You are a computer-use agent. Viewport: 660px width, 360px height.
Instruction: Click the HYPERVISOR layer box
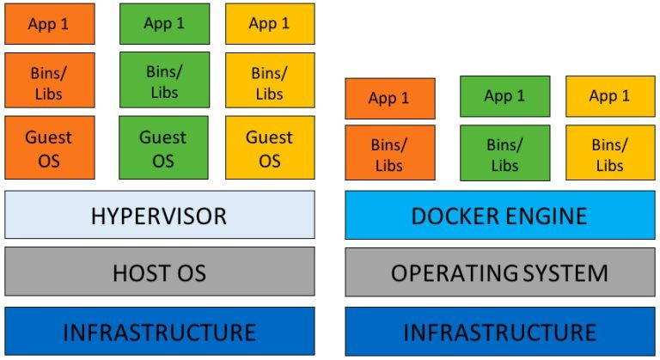160,215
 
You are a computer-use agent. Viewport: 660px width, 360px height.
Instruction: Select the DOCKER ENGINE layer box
499,215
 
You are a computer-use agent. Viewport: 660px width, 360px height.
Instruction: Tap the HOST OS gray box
160,272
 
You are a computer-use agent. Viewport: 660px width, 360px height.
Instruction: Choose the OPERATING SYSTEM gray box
499,272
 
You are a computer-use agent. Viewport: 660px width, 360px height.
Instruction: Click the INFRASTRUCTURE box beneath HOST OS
160,331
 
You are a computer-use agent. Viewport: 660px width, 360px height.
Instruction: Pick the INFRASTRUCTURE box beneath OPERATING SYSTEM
499,331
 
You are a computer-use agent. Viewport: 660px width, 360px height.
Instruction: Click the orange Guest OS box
48,148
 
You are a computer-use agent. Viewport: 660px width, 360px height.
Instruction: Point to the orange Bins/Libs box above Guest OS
48,82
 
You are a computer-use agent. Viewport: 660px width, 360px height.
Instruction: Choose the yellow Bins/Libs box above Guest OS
270,82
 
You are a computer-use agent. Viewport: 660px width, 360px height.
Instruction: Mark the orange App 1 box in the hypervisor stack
48,24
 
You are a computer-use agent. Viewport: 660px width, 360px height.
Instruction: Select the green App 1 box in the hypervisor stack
162,23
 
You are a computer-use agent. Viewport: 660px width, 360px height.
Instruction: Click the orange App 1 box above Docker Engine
389,98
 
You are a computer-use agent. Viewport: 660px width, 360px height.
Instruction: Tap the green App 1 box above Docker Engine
504,96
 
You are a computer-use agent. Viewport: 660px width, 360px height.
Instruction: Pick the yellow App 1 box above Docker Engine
609,96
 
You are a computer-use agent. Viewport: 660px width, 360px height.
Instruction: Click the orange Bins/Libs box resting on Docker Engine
389,153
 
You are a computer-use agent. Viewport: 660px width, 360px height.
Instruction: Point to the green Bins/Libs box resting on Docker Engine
504,153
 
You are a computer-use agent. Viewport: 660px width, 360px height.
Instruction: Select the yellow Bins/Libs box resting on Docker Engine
609,153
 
